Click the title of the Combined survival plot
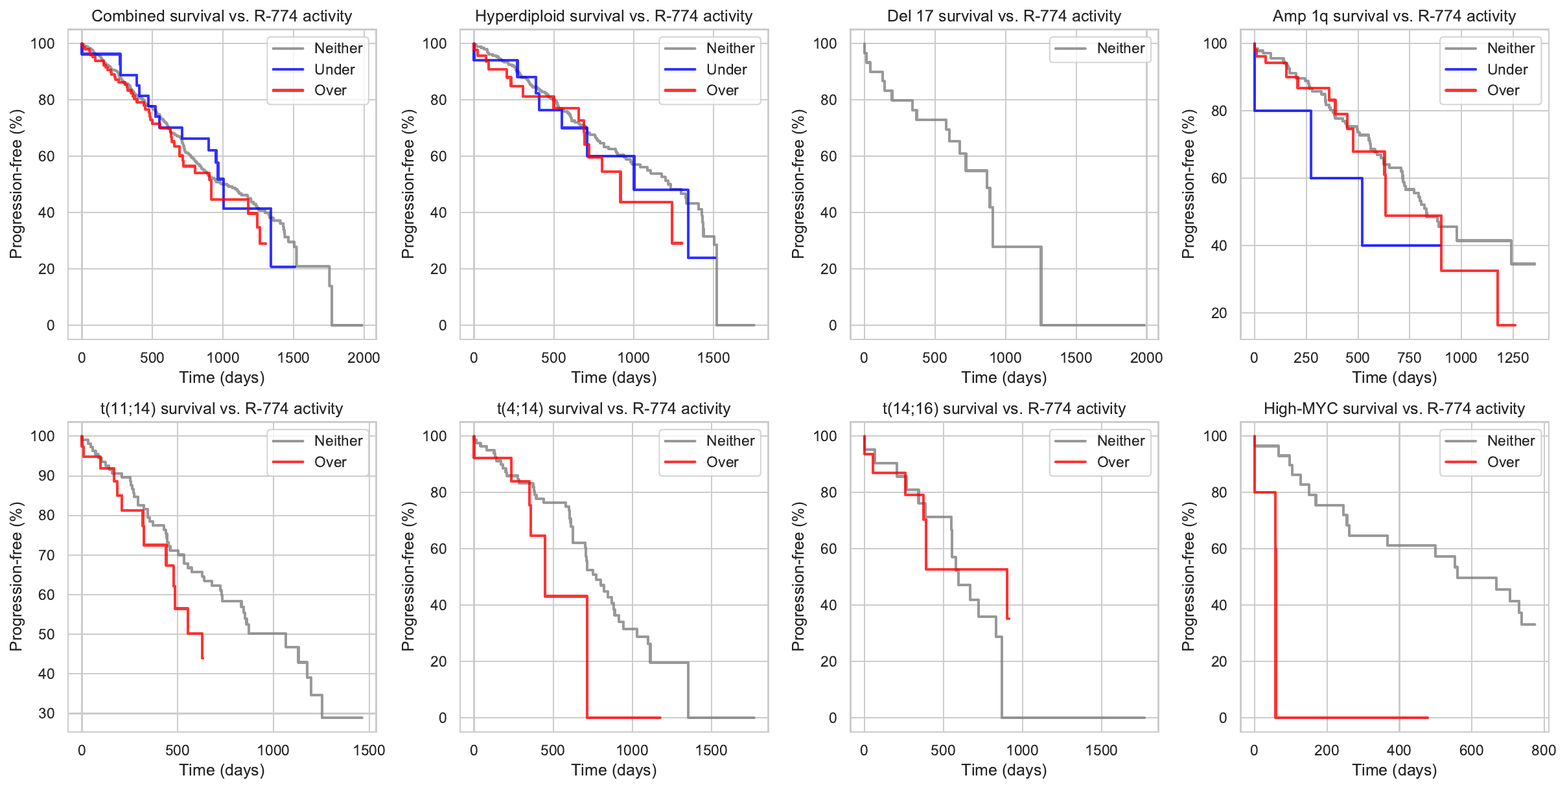pos(222,16)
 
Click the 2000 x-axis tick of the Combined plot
pos(364,358)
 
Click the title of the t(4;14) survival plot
pos(614,409)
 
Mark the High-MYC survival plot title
pos(1394,409)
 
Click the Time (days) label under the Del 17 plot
pos(1004,378)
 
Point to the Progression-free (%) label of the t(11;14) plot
pos(16,577)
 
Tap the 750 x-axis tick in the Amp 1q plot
pos(1409,358)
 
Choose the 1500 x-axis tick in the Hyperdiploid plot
pos(714,358)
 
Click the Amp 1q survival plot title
pos(1394,16)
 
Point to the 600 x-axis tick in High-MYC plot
pos(1471,750)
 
